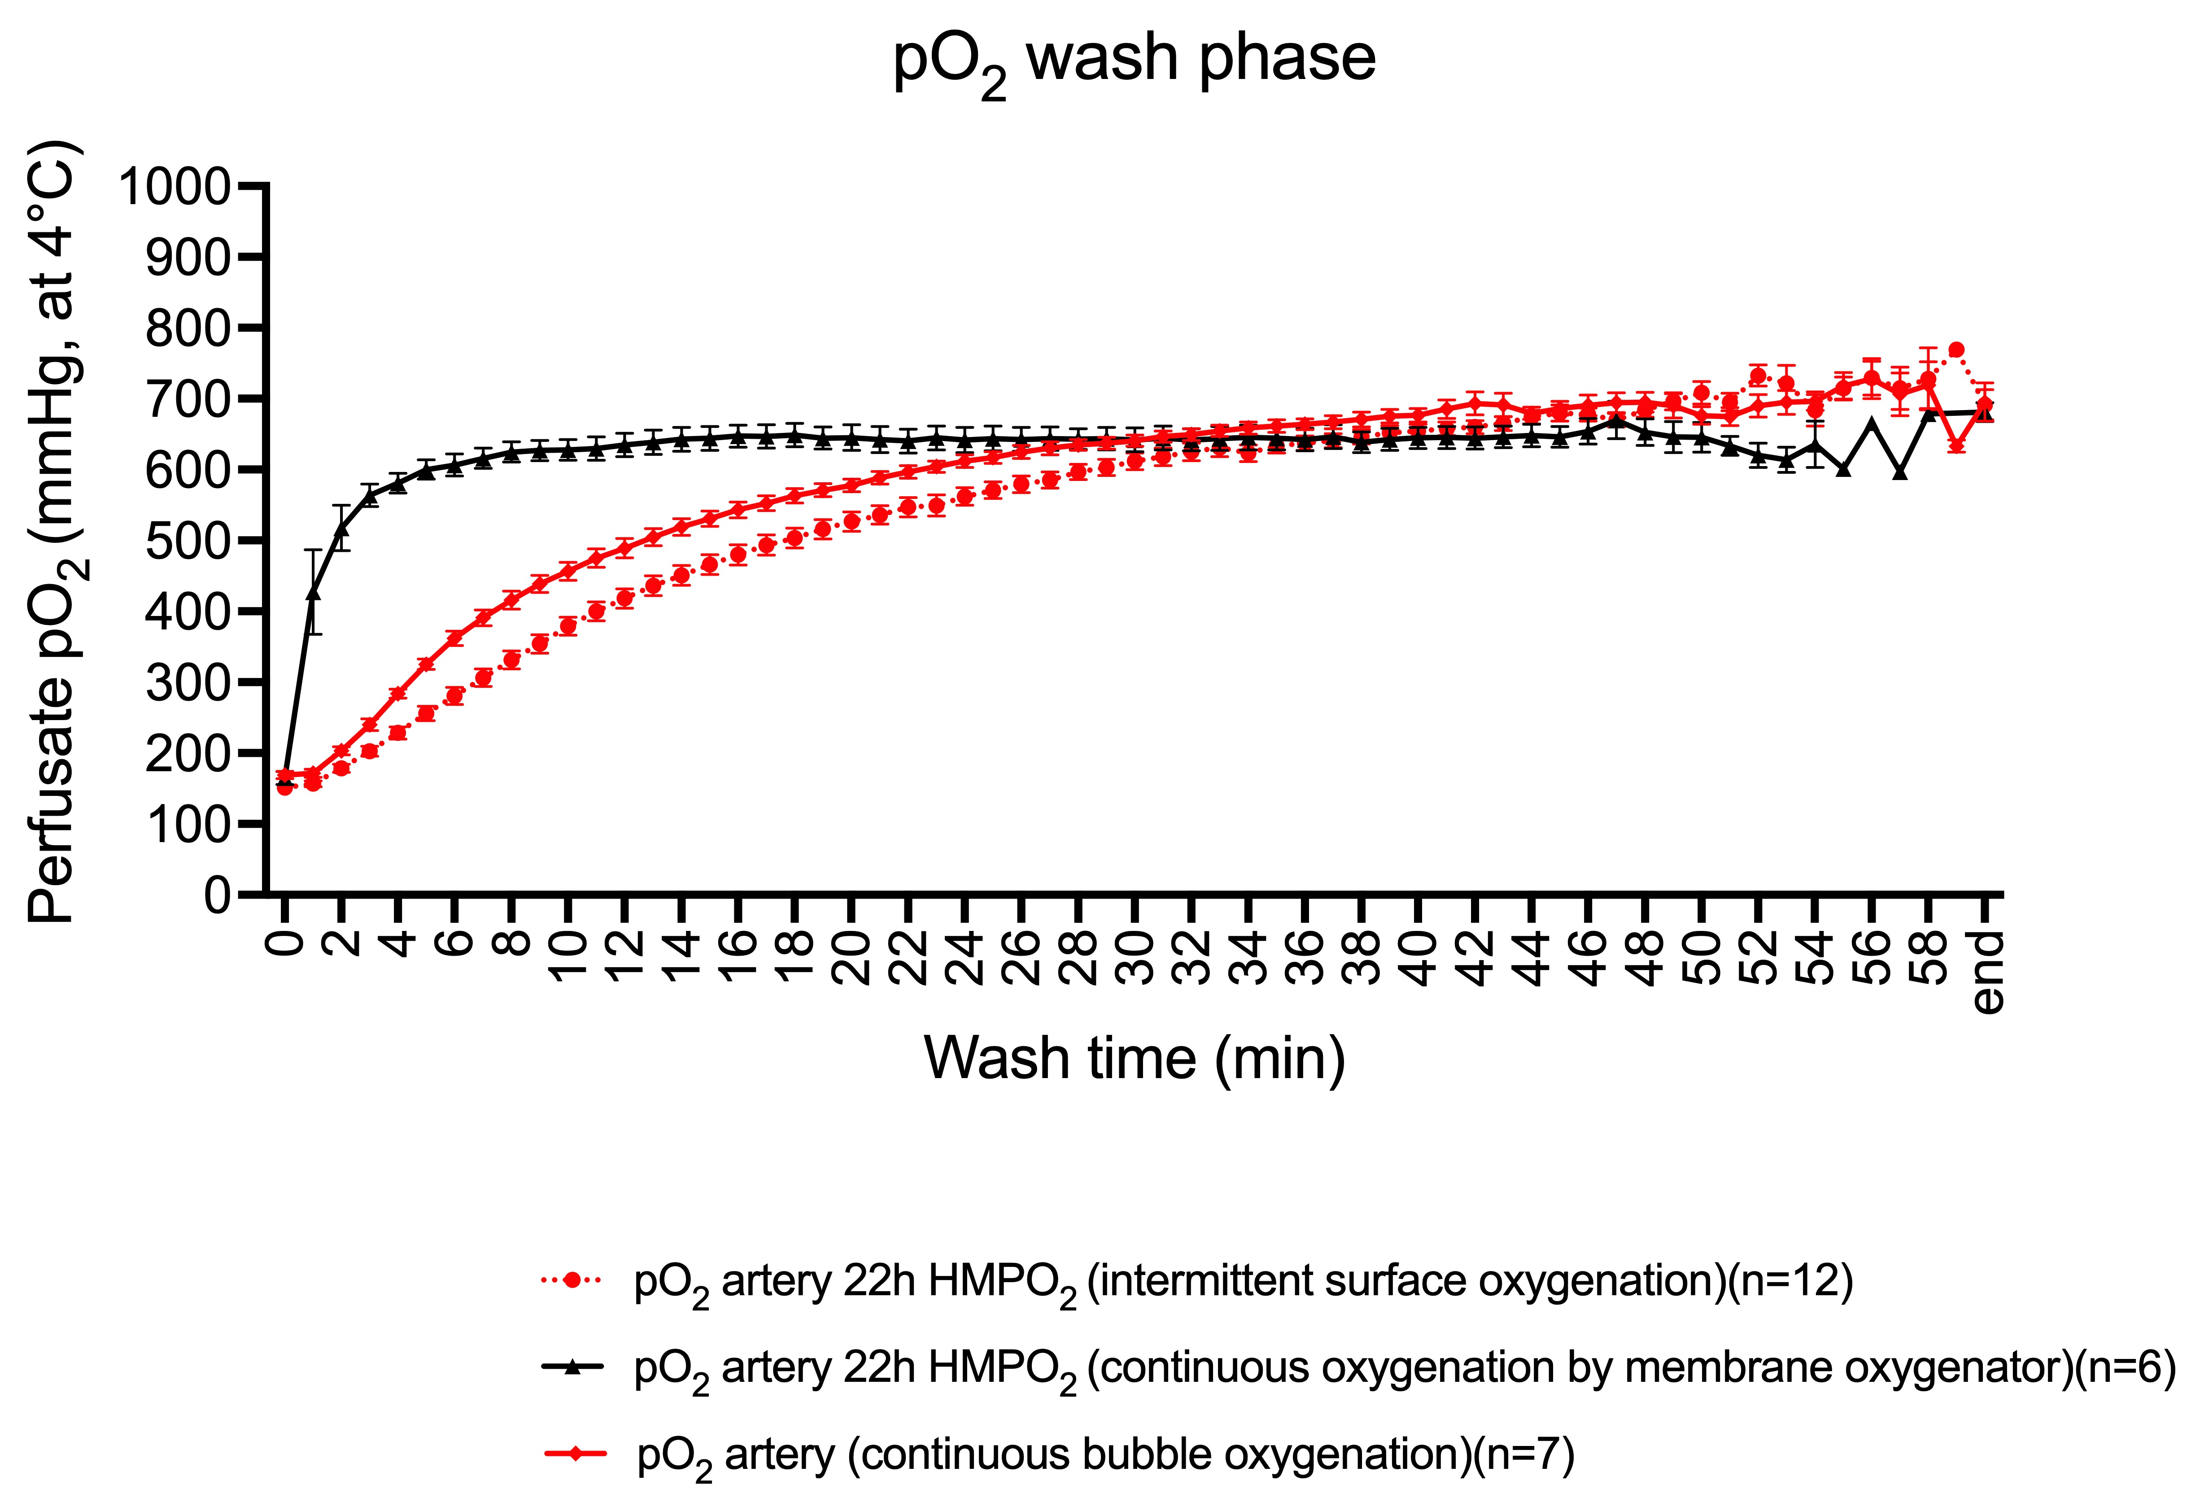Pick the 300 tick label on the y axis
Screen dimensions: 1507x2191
click(187, 683)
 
